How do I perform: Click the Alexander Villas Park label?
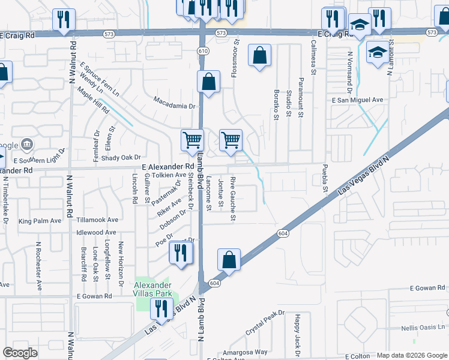click(x=153, y=289)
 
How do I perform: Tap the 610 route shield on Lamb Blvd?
click(x=203, y=52)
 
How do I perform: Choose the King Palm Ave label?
click(x=40, y=221)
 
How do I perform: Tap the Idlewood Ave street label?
click(x=96, y=232)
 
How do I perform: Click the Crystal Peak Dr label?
click(x=265, y=323)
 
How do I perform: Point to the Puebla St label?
click(x=325, y=179)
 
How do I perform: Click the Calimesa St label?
click(x=313, y=58)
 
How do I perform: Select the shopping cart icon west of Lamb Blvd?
click(x=192, y=140)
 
